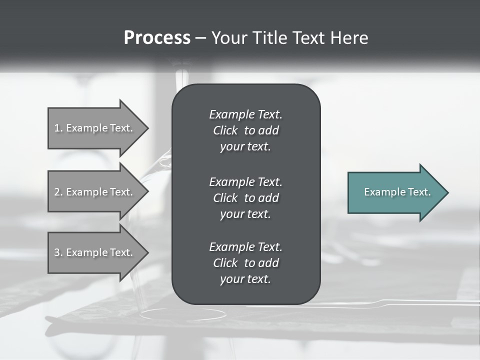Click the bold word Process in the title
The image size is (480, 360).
[x=157, y=38]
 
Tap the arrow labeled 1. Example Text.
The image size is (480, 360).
[x=95, y=128]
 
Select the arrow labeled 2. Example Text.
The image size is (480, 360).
[x=95, y=192]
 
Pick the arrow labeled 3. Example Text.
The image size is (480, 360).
[x=95, y=252]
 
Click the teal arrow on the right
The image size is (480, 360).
[x=395, y=192]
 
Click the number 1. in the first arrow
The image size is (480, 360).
[x=58, y=128]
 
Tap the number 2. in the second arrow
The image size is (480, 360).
[x=58, y=192]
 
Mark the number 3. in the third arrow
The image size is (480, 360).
[x=58, y=252]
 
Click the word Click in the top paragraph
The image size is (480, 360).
[x=225, y=130]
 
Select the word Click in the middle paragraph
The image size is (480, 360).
[x=225, y=198]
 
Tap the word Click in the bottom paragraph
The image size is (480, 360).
[x=225, y=263]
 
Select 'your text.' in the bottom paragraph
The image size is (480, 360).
[x=245, y=279]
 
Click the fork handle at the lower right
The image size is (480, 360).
[x=425, y=302]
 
